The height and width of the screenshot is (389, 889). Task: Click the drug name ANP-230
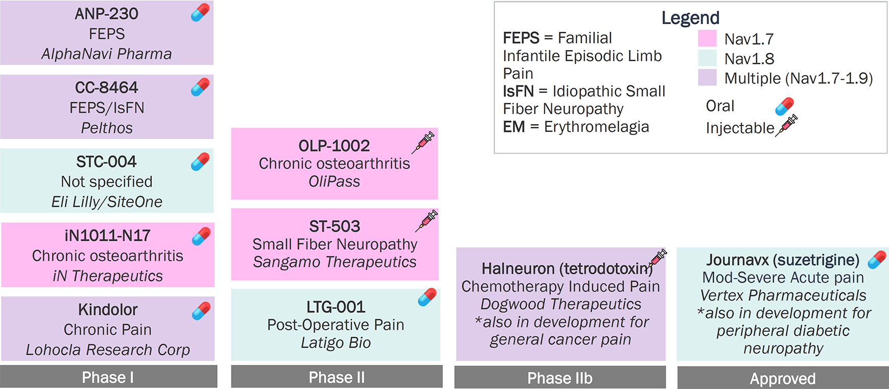click(x=106, y=14)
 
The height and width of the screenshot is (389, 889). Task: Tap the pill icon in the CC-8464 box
click(x=200, y=87)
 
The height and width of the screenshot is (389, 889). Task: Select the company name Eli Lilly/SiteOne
click(x=107, y=202)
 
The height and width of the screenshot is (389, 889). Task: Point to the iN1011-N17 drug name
click(x=107, y=236)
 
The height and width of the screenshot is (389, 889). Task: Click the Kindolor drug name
click(x=108, y=310)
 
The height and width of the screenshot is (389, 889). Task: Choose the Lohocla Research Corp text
click(x=108, y=350)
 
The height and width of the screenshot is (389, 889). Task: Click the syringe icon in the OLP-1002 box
click(x=423, y=143)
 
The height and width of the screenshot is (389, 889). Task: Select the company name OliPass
click(x=334, y=181)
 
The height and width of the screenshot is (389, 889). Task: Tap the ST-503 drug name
click(x=335, y=226)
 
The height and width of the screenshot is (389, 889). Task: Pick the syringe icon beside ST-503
click(x=427, y=221)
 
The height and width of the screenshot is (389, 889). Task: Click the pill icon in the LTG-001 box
click(x=427, y=298)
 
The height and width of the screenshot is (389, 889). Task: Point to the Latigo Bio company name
click(x=336, y=342)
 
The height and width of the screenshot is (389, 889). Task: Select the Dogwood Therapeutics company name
click(x=560, y=304)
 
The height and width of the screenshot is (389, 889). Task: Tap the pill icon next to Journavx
click(x=877, y=260)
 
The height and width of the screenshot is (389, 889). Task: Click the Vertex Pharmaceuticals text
click(x=783, y=295)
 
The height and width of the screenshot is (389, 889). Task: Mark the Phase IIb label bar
click(x=560, y=378)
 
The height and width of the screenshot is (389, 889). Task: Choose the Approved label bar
click(x=783, y=378)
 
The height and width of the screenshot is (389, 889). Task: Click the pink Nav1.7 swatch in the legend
click(x=707, y=39)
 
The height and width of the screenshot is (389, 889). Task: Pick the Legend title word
click(x=690, y=18)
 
